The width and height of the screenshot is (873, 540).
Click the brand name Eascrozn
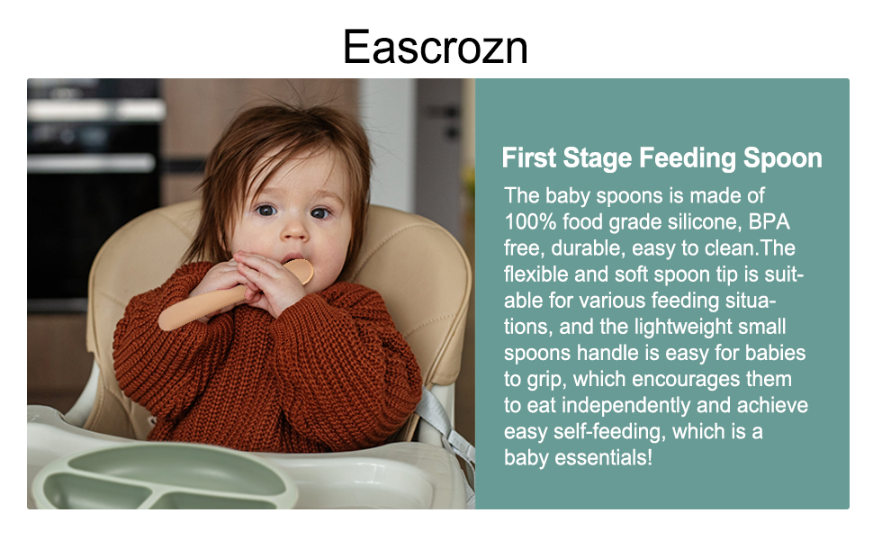pos(436,48)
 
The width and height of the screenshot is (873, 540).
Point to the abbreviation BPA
pos(769,221)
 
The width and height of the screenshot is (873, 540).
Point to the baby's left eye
pos(319,213)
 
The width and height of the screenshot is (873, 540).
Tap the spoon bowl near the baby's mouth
pos(300,271)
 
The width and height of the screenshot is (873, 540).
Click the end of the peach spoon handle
pos(166,322)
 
